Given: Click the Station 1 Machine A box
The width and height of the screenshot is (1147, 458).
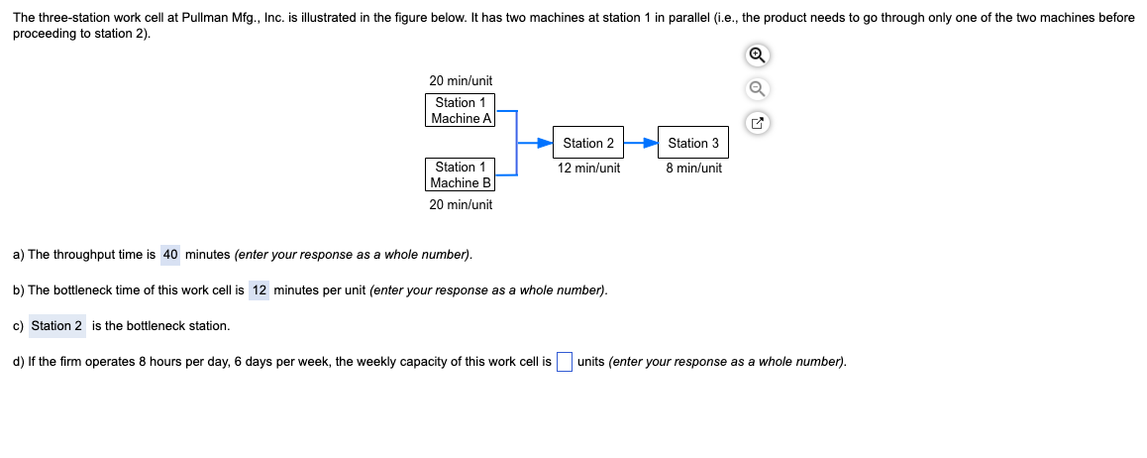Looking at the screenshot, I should click(461, 110).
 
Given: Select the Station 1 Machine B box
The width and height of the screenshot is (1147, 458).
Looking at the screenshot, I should click(461, 174).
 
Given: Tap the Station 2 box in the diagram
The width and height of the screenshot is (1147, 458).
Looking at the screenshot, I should click(588, 143).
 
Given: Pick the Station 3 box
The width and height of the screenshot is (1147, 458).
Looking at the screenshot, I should click(693, 143).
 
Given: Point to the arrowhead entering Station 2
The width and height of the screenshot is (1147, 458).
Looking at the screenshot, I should click(545, 143).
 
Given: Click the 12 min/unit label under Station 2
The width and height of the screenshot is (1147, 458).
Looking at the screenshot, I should click(588, 168).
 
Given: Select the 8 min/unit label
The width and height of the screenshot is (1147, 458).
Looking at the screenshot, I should click(693, 168).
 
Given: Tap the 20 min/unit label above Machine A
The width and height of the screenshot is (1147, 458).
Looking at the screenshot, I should click(461, 80).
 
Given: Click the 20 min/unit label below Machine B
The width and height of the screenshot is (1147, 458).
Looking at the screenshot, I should click(461, 204).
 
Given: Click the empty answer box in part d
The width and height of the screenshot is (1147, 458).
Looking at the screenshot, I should click(564, 362).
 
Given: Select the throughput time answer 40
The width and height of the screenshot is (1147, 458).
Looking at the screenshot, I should click(170, 255).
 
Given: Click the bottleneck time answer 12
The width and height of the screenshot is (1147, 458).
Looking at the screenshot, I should click(260, 290).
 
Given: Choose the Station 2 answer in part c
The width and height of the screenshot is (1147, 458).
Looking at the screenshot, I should click(57, 325).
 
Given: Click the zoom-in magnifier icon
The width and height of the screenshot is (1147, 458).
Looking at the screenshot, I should click(757, 56).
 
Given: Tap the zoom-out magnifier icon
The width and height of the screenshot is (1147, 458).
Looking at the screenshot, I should click(757, 89).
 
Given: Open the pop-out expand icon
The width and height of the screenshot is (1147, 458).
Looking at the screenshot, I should click(757, 124).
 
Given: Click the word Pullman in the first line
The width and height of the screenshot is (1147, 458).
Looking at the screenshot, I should click(202, 18).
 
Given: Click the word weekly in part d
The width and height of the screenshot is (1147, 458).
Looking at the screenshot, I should click(360, 362).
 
